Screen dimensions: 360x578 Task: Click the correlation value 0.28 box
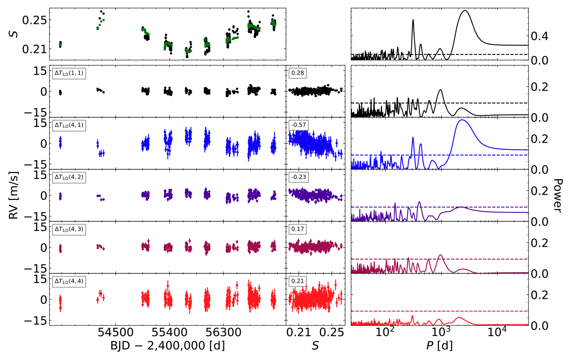click(297, 73)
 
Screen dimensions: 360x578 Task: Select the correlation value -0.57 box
click(299, 125)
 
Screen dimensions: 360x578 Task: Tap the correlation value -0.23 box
click(299, 177)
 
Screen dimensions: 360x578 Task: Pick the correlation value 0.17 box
click(297, 229)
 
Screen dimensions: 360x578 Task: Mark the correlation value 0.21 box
click(297, 281)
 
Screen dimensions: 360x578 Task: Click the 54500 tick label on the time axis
click(116, 333)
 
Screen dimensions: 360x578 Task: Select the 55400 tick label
click(169, 333)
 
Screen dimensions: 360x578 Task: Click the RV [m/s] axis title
click(14, 195)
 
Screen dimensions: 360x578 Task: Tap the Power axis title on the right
click(557, 195)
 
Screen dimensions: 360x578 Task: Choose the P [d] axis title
click(439, 345)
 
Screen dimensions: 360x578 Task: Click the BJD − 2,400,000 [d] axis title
click(167, 345)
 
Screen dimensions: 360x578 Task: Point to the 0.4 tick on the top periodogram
click(539, 36)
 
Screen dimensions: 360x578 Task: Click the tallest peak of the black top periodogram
click(465, 11)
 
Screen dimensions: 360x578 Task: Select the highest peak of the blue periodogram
click(462, 120)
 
